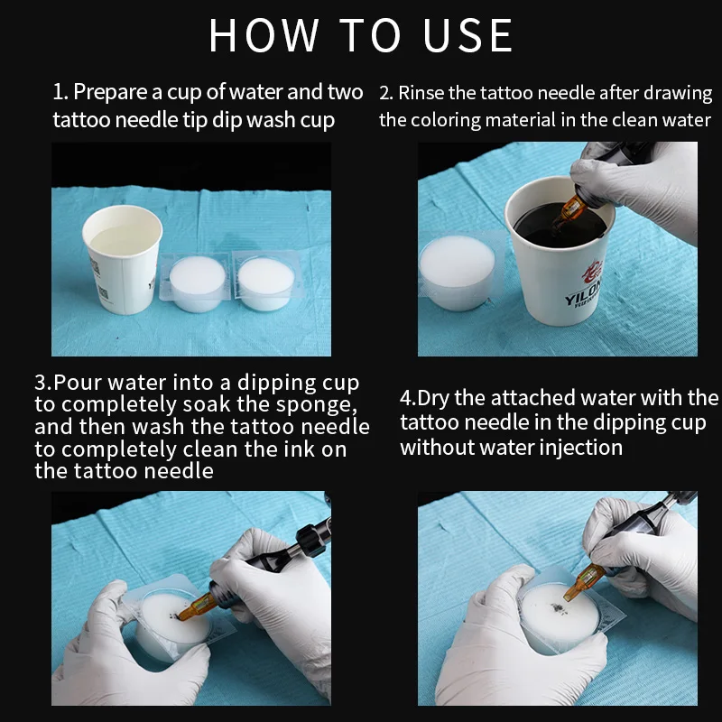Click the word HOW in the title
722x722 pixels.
264,35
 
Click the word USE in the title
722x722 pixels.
467,35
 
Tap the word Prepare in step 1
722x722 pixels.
111,93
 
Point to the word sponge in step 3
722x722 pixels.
317,404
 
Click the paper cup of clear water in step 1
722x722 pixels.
122,259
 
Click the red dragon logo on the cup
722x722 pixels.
592,272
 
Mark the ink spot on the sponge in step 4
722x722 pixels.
558,608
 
